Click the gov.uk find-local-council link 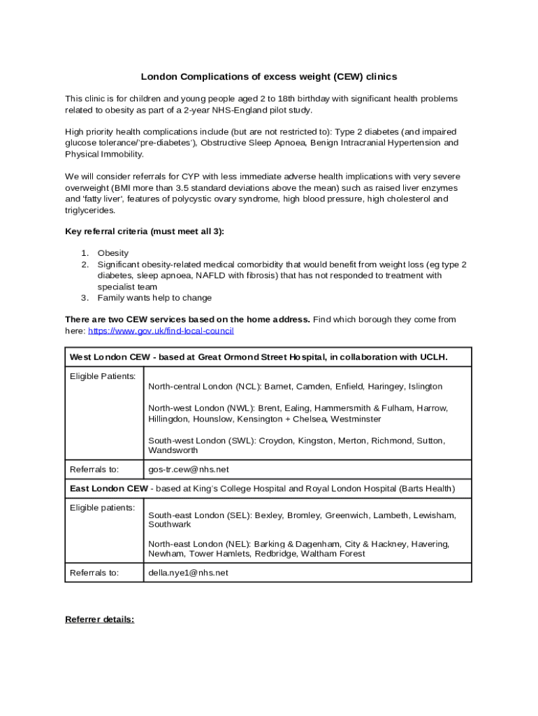point(161,331)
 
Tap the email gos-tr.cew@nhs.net point(189,469)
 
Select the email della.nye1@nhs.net point(188,573)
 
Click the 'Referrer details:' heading point(99,620)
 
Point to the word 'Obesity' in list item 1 point(113,253)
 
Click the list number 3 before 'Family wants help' point(84,298)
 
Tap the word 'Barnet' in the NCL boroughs point(277,386)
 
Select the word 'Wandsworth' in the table point(173,451)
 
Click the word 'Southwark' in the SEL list point(169,524)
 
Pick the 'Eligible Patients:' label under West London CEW point(103,376)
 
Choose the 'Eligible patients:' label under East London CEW point(102,508)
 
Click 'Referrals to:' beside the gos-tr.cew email point(94,469)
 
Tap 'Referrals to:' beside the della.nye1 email point(94,573)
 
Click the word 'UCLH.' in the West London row point(433,357)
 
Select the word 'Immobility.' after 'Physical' point(122,154)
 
